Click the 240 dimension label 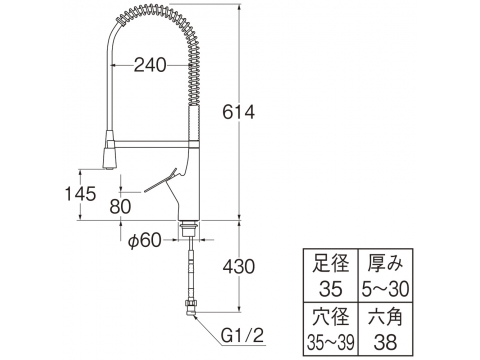150,65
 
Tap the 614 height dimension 239,112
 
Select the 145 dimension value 80,194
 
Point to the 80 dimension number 120,207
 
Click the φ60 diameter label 145,240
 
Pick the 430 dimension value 239,267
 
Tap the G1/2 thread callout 243,335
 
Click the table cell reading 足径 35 330,275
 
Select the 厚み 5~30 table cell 385,275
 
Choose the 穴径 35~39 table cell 330,329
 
